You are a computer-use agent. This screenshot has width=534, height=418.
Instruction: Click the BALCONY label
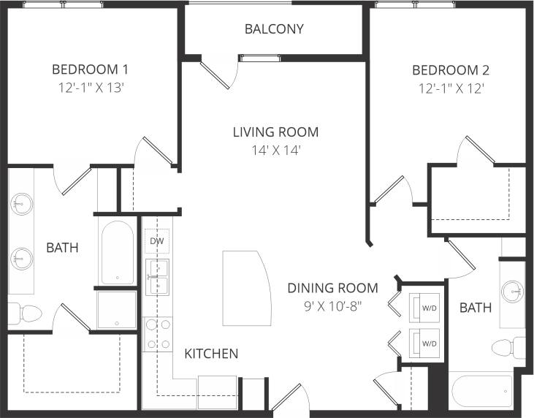coord(274,29)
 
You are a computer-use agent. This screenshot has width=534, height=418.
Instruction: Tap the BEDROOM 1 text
coord(90,70)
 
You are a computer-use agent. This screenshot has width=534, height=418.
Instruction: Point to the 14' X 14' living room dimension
coord(275,150)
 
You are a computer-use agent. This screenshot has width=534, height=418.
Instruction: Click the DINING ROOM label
coord(332,288)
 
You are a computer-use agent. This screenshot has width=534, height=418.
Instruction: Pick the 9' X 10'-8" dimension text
coord(332,305)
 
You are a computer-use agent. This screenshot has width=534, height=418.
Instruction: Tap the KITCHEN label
coord(211,354)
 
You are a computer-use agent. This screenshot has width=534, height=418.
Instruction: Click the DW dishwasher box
coord(157,241)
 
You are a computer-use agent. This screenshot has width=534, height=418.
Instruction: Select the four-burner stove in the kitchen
coord(158,334)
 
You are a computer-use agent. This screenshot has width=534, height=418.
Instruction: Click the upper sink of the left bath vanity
coord(21,202)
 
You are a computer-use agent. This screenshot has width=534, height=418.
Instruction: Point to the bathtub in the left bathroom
coord(117,251)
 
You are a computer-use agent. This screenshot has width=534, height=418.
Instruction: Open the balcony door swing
coord(218,75)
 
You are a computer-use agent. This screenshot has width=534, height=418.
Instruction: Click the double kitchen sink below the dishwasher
coord(157,275)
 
